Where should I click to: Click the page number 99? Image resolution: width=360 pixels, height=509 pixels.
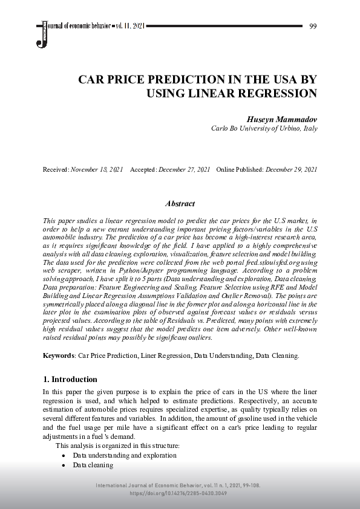(x=313, y=26)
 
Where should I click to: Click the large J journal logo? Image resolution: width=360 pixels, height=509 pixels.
(x=42, y=34)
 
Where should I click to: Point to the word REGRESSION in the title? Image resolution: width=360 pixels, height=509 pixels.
(x=280, y=94)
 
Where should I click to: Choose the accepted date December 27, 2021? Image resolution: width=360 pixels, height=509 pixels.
(x=184, y=170)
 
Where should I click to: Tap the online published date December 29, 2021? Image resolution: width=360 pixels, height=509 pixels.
(x=292, y=170)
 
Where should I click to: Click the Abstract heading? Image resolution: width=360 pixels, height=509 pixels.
(x=180, y=204)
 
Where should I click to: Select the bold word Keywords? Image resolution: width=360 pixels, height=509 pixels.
(x=58, y=355)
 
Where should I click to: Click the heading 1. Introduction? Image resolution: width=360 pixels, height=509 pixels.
(x=70, y=380)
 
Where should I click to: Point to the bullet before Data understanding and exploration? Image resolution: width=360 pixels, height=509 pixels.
(x=64, y=455)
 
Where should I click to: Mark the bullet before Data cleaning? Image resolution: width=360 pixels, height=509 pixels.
(x=64, y=465)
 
